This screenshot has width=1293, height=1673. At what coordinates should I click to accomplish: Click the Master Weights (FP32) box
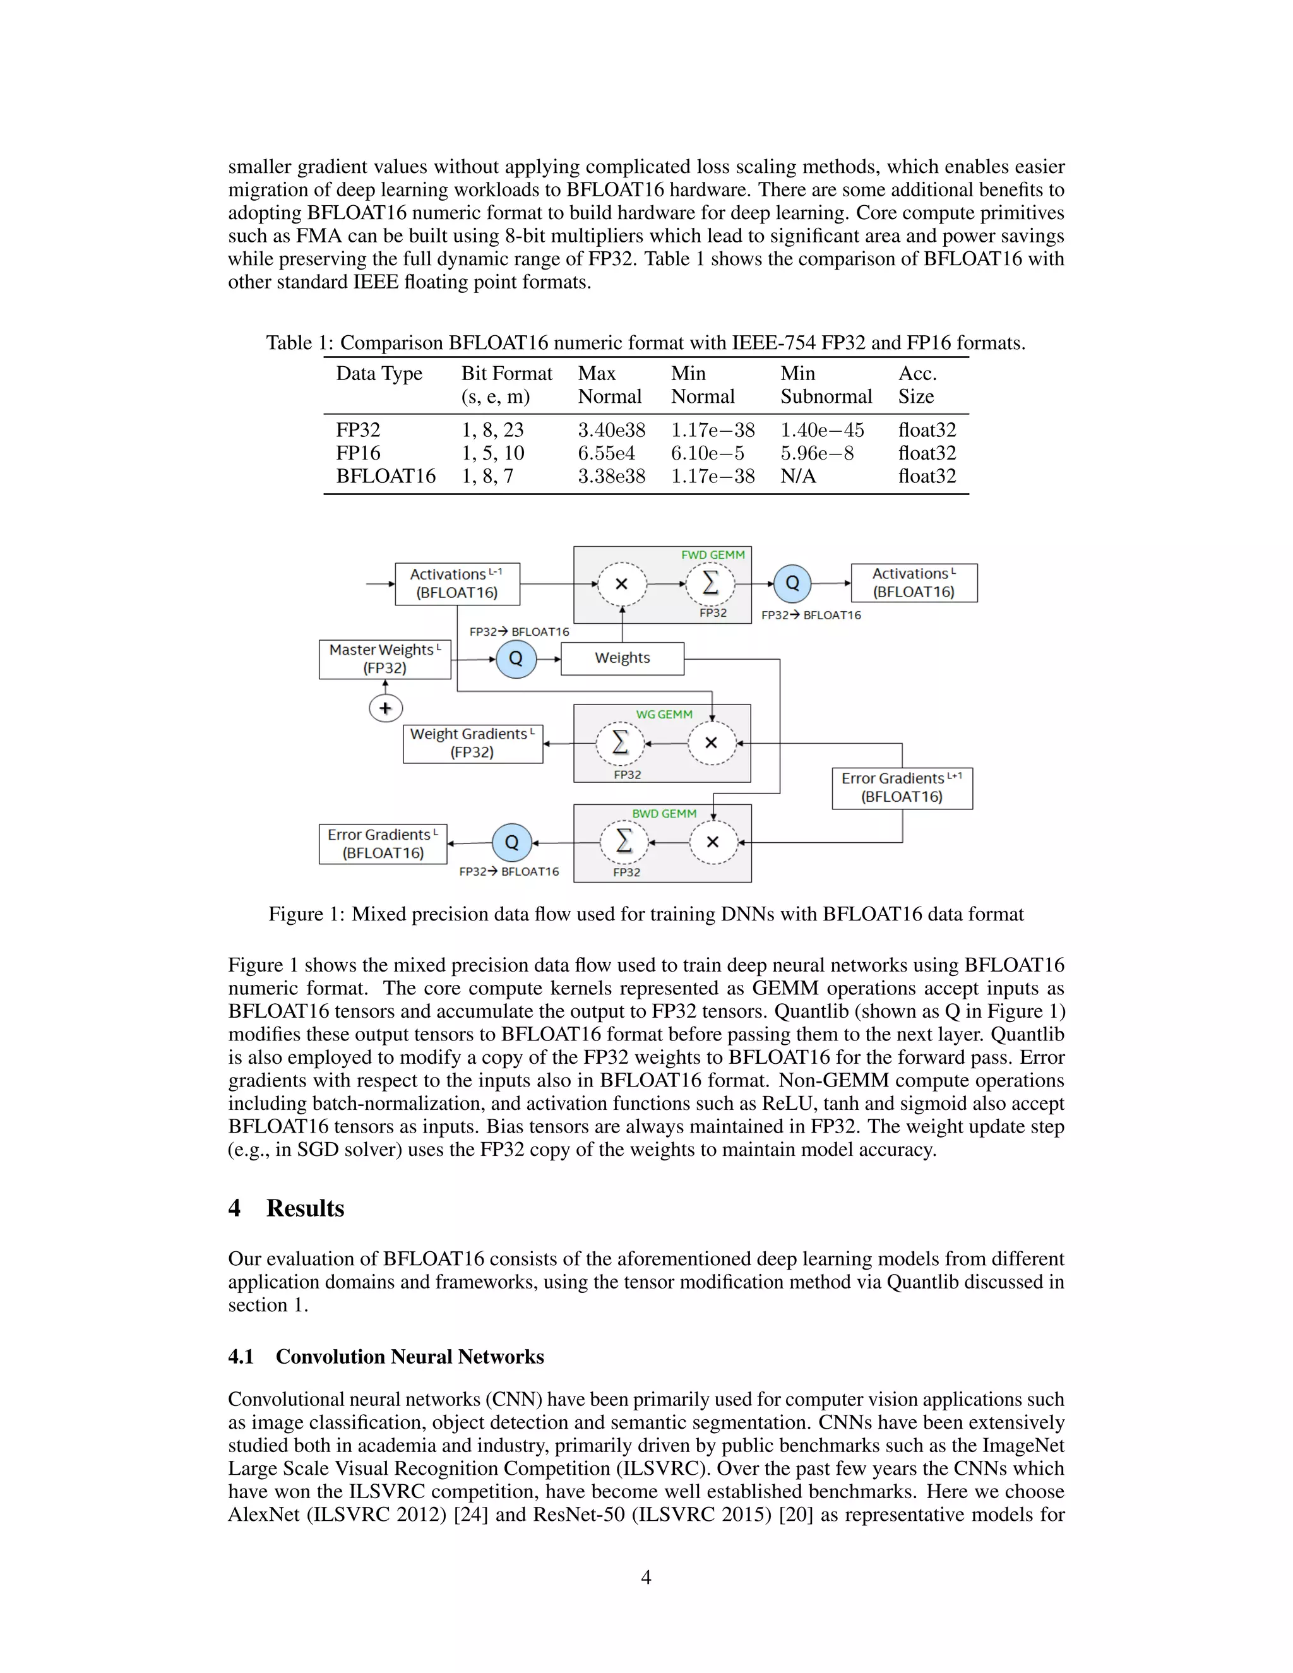click(x=384, y=658)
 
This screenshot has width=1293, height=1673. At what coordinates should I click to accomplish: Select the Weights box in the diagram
click(x=622, y=658)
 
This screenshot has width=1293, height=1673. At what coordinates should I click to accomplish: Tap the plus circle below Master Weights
click(x=385, y=708)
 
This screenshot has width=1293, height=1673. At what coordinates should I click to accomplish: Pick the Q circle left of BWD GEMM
click(x=511, y=843)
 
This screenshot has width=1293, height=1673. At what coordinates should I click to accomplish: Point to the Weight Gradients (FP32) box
click(x=473, y=743)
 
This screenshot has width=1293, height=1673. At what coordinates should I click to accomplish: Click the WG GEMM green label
click(x=664, y=714)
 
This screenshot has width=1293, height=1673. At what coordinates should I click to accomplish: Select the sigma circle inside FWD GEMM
click(x=710, y=584)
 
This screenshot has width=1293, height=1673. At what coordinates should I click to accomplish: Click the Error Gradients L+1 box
click(x=902, y=787)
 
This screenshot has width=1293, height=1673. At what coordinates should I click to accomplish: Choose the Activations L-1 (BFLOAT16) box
click(x=457, y=584)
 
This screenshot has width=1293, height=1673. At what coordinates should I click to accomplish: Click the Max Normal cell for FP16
click(x=606, y=453)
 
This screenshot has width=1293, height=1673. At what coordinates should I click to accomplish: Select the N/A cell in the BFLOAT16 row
click(x=797, y=476)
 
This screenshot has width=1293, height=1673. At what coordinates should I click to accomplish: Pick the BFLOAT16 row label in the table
click(x=385, y=476)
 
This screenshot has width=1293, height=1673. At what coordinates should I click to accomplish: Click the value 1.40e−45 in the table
click(x=822, y=430)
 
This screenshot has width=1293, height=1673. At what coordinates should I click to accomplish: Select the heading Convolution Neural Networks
click(x=409, y=1357)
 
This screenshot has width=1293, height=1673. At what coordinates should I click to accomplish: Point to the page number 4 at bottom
click(x=646, y=1577)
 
